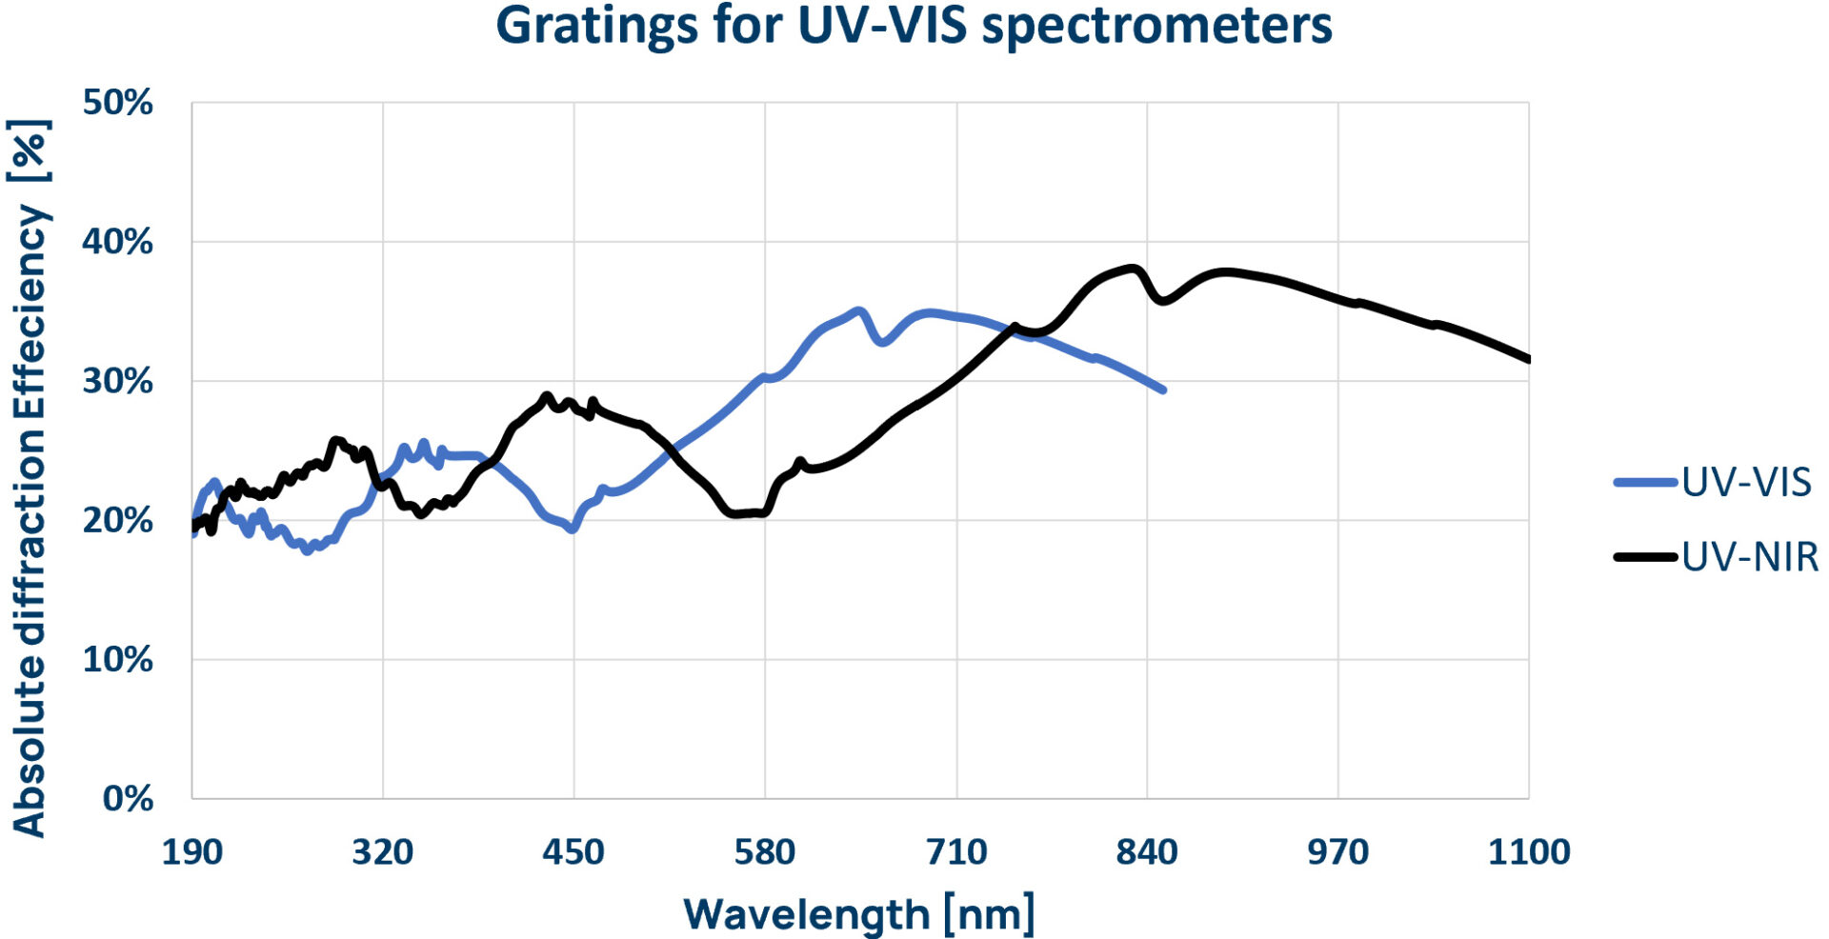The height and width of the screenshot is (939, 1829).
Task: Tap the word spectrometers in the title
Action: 1156,27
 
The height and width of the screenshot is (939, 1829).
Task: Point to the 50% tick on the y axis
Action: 117,103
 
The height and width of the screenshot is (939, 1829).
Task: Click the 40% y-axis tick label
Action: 117,242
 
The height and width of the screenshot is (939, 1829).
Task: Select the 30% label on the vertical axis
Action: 117,381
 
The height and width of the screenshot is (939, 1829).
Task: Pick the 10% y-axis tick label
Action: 117,659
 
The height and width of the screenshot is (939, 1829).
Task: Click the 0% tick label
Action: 128,798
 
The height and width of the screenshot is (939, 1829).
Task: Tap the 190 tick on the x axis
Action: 191,851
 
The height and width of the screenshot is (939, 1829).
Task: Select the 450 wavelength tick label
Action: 573,851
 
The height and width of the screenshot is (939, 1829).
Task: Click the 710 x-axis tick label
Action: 956,851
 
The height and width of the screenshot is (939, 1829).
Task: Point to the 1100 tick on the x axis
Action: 1529,851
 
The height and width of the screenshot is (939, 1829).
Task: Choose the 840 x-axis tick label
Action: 1147,851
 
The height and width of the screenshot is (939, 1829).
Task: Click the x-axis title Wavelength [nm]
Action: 858,914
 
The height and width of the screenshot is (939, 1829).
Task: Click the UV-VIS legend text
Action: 1746,483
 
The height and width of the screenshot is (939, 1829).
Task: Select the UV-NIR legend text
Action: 1750,557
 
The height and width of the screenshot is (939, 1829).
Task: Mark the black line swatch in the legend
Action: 1645,557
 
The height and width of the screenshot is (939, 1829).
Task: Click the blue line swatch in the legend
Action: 1645,483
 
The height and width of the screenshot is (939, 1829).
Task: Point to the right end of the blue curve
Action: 1163,390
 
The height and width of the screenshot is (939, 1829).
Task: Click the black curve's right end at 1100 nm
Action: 1528,359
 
